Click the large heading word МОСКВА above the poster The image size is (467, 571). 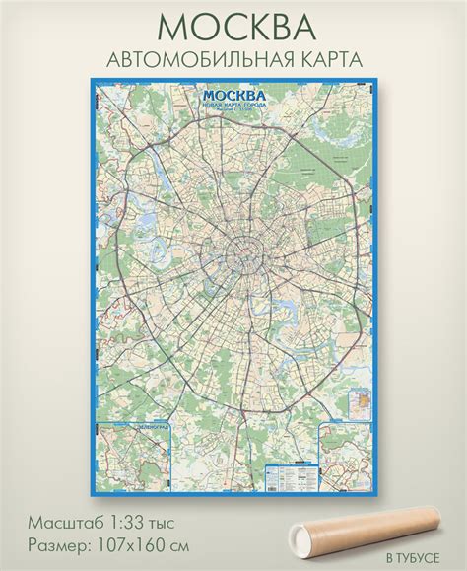pos(233,25)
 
